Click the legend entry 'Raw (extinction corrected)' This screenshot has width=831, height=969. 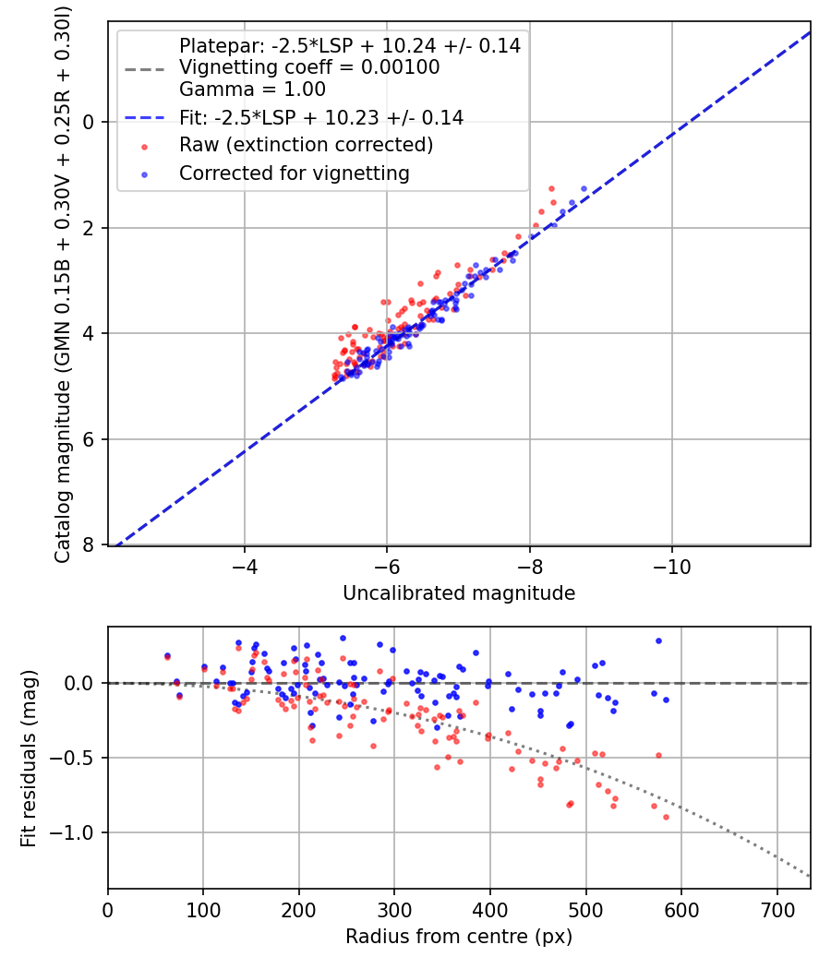pos(306,145)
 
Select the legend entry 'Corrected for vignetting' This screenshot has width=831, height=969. pos(295,173)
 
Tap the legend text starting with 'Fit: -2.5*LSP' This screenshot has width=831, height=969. pos(321,117)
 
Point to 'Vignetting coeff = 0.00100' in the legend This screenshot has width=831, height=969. pos(309,67)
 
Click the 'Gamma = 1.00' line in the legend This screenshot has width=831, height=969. pos(252,90)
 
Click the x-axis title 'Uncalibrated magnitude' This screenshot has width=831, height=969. pos(459,593)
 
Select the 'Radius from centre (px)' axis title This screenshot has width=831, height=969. pos(459,937)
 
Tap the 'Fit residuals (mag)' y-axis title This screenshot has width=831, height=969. pos(29,758)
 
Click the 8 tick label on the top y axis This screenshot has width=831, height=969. pos(90,544)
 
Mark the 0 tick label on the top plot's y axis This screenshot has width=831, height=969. pos(90,122)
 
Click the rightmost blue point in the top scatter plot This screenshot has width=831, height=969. pos(584,188)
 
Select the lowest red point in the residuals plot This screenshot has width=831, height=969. pos(666,817)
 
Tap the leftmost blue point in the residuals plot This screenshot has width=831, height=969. pos(167,655)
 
